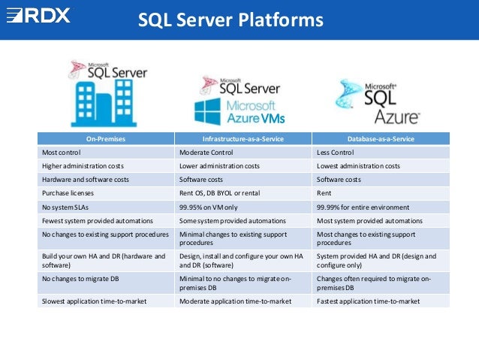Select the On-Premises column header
tap(106, 139)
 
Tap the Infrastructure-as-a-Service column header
tap(243, 139)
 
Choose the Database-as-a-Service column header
tap(381, 139)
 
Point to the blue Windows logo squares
tap(207, 111)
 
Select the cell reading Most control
tap(62, 153)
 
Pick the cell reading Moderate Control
tap(206, 153)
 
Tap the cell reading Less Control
tap(339, 153)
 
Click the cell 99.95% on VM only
tap(208, 207)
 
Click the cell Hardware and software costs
tap(82, 180)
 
